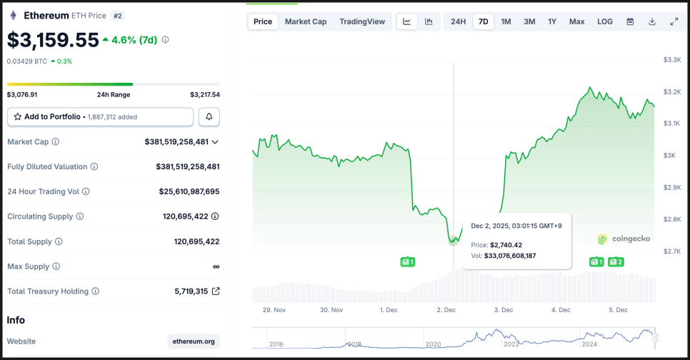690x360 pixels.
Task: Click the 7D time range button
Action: click(x=484, y=21)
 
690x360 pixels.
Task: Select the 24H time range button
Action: click(x=459, y=21)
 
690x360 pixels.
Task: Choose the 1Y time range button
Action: click(x=552, y=21)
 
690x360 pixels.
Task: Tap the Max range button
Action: click(x=576, y=21)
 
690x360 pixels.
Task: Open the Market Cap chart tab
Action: click(x=306, y=21)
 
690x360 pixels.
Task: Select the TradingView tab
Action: click(x=362, y=21)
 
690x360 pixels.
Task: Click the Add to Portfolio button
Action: click(x=100, y=116)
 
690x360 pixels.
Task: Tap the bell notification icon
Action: click(x=209, y=116)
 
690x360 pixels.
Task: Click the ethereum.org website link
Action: click(x=194, y=341)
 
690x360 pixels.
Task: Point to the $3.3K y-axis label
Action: click(x=672, y=59)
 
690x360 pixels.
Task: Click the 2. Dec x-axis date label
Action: click(x=447, y=310)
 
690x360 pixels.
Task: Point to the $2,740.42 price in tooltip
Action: click(x=506, y=245)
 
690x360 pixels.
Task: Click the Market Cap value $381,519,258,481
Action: click(x=176, y=141)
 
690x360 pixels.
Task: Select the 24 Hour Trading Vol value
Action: click(x=189, y=191)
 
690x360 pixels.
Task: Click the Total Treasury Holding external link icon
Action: click(x=216, y=291)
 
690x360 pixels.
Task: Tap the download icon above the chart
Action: click(x=652, y=21)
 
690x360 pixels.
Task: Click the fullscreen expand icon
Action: click(x=674, y=21)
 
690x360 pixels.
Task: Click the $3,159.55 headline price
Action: click(x=53, y=40)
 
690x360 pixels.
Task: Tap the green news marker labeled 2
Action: click(x=616, y=262)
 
